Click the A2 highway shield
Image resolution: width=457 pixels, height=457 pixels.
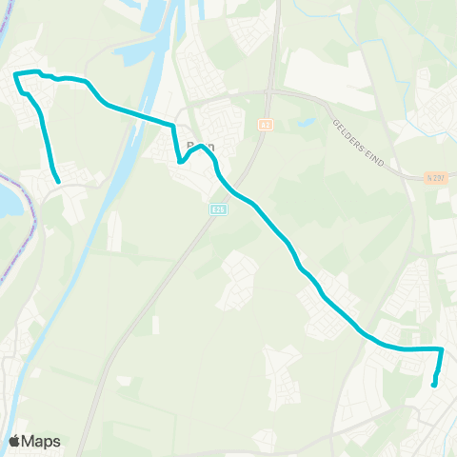click(x=265, y=124)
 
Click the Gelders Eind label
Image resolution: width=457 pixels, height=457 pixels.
click(x=357, y=143)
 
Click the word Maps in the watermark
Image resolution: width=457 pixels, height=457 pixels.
click(x=41, y=441)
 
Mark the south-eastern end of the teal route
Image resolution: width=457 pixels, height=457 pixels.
click(x=434, y=385)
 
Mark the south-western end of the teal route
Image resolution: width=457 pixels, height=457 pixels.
click(x=59, y=181)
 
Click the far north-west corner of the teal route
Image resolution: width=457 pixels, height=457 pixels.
click(x=16, y=74)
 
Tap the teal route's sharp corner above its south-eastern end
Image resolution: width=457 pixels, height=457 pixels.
click(x=442, y=349)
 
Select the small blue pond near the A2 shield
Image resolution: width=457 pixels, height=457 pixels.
click(x=306, y=123)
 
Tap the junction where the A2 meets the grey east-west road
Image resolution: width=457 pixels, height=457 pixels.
click(x=269, y=92)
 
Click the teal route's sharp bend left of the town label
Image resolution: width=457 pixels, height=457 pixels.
click(x=179, y=162)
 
